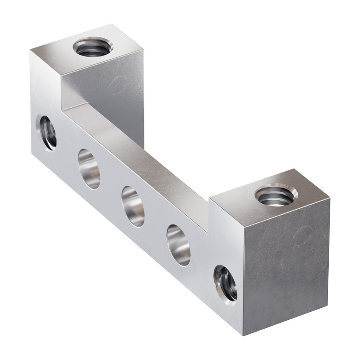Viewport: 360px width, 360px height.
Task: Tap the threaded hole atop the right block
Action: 276,195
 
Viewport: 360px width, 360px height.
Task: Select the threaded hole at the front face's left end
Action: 48,132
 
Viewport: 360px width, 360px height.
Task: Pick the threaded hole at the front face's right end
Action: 225,285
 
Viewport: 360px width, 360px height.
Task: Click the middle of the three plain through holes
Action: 133,206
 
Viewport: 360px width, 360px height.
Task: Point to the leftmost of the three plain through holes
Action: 89,169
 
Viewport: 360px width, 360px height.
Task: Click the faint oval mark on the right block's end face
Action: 303,235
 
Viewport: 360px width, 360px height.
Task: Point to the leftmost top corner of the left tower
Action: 30,51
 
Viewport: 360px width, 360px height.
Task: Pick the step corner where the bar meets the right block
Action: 209,232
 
